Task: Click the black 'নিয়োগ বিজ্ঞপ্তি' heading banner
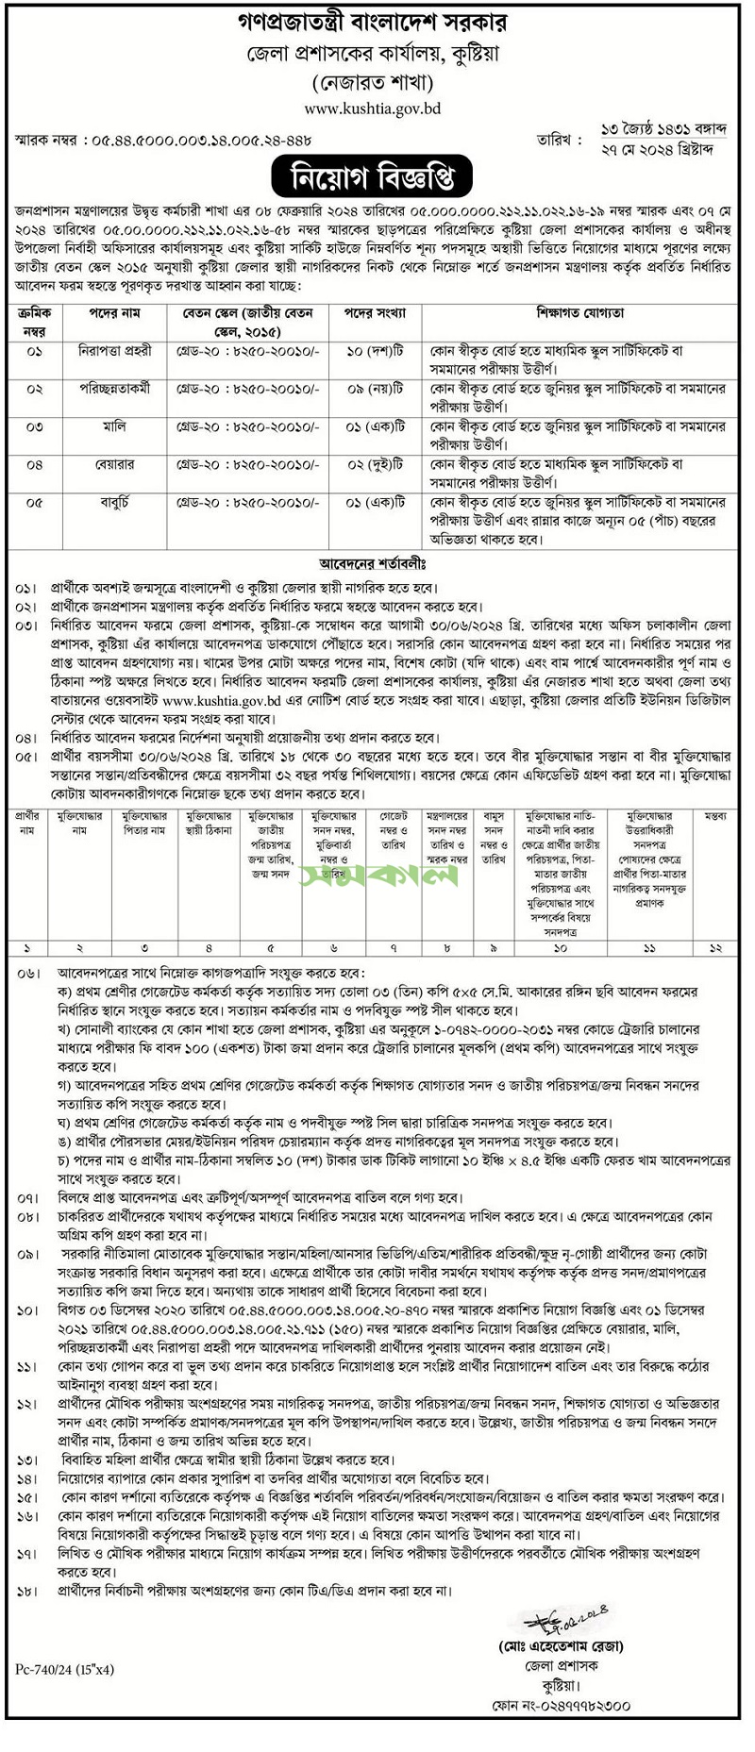coord(377,175)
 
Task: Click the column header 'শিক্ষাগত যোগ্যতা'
coord(581,312)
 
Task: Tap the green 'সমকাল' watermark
coord(377,876)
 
